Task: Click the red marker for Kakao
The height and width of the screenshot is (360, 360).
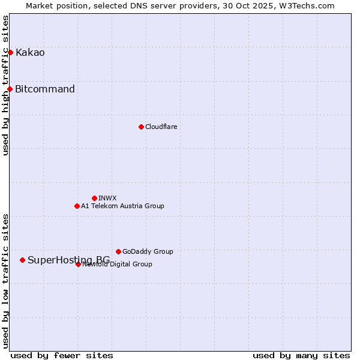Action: (10, 52)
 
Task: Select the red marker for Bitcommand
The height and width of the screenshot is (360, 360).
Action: (10, 89)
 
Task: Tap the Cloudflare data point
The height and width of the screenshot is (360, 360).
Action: (141, 127)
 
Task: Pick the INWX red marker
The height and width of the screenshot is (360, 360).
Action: (94, 198)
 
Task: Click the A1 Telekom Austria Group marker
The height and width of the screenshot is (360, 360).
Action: (77, 206)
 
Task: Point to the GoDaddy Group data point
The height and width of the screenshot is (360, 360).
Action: (118, 251)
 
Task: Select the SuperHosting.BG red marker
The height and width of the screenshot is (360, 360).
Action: (23, 260)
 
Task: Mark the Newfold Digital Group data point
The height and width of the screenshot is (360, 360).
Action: (78, 264)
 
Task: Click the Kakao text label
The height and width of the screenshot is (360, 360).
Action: (30, 52)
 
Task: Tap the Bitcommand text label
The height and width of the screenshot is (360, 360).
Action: (45, 89)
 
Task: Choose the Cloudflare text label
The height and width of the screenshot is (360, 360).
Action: (161, 127)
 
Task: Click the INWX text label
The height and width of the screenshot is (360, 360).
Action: (107, 198)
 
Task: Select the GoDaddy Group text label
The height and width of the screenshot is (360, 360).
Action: (148, 251)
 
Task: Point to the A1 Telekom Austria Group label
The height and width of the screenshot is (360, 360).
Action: (122, 206)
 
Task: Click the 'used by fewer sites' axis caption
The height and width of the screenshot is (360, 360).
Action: (62, 355)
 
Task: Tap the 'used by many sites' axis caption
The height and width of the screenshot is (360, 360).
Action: (301, 355)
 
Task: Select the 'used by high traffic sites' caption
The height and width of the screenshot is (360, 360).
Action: (5, 85)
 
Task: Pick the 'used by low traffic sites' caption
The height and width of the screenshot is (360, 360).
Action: (5, 281)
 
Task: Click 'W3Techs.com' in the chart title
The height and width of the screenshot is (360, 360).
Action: (309, 5)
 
